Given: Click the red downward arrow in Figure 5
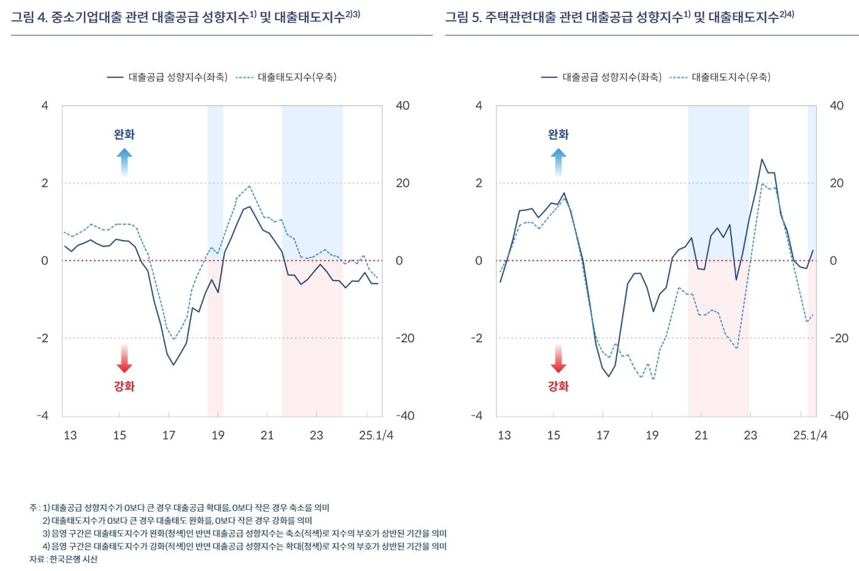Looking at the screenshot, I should [x=558, y=359].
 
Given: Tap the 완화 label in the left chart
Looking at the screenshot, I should [x=125, y=134].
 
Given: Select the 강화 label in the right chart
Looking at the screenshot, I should [x=558, y=386].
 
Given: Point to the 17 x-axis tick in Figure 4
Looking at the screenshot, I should [x=169, y=435].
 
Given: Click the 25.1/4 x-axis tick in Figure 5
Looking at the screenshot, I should [x=810, y=435].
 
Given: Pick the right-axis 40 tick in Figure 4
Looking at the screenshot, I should [x=403, y=106].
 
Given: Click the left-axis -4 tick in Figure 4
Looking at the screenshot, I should [x=42, y=416].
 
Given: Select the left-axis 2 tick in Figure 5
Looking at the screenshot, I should [x=479, y=183].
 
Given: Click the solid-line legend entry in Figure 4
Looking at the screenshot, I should [x=167, y=77].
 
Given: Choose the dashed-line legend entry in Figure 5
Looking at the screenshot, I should [x=720, y=77].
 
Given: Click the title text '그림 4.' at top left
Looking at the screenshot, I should [x=29, y=17].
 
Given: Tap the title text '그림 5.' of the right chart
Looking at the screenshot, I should [x=463, y=17].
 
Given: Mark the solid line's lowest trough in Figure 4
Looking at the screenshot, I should [x=174, y=365].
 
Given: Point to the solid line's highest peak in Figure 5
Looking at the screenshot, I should [x=762, y=159].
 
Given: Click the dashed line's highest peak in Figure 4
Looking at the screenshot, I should [x=249, y=186].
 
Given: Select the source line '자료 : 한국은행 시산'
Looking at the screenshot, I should [x=63, y=559].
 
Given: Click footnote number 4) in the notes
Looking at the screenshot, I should [x=46, y=546].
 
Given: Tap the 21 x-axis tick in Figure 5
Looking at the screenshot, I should [x=701, y=435].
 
